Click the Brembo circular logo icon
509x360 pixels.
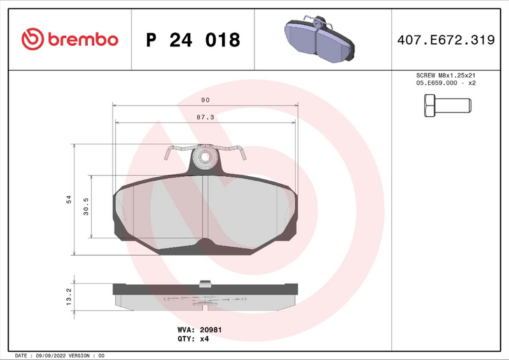pos(32,39)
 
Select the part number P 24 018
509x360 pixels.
pos(193,40)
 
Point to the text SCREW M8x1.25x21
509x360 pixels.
pos(445,74)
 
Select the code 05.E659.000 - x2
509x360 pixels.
pos(445,83)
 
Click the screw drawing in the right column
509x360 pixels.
pos(445,105)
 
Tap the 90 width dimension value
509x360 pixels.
pos(206,100)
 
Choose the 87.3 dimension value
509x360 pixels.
pos(205,117)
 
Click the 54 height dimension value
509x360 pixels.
pos(69,200)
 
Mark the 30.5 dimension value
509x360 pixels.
pos(86,207)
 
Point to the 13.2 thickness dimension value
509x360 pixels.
pos(69,294)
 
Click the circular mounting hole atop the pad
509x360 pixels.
pos(205,156)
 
